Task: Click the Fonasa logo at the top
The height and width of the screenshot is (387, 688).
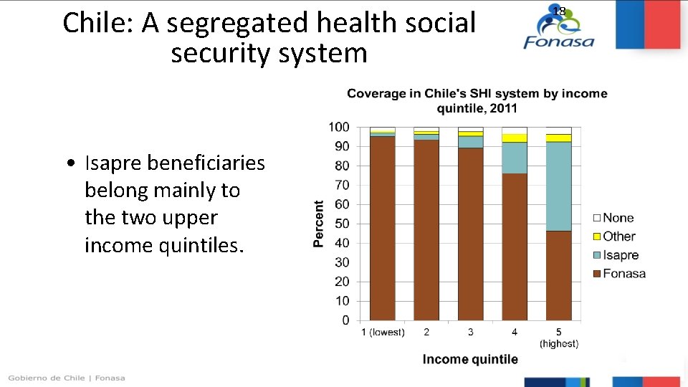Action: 559,29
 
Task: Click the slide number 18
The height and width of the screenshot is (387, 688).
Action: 559,11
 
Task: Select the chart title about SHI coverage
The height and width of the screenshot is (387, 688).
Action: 477,100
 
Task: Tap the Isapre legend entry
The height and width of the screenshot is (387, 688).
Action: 620,255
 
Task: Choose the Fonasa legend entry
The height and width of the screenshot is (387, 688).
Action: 623,273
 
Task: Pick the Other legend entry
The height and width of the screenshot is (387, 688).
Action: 618,236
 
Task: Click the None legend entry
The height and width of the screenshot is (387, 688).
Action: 618,218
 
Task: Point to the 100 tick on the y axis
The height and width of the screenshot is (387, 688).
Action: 339,127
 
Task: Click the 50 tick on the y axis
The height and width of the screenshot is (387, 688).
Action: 342,224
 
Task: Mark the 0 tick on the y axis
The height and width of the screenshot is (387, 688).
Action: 345,320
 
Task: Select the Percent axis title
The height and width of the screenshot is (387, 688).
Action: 318,224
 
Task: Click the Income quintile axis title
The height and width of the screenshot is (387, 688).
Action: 470,359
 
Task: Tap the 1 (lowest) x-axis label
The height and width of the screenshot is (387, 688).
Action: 382,332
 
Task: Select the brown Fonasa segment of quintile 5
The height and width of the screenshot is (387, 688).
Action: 558,276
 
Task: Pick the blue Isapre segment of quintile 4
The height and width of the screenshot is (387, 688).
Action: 515,158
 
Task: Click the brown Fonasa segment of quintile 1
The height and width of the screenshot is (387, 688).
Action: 382,229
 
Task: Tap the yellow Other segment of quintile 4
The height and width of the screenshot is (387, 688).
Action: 515,138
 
